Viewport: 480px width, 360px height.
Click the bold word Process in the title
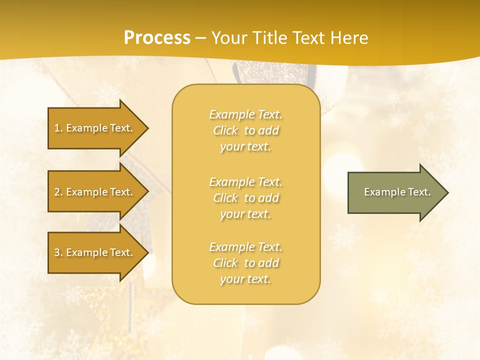click(157, 38)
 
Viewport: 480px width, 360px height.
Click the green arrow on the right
click(395, 192)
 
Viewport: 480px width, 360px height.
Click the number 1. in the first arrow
click(58, 128)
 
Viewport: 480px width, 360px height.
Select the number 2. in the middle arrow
click(58, 192)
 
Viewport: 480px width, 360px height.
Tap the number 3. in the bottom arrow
click(58, 252)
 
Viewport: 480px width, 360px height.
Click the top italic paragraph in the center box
click(245, 130)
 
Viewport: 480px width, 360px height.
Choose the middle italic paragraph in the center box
click(245, 198)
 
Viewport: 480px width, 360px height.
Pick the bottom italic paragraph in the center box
click(245, 263)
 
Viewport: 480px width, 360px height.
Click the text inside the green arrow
click(397, 192)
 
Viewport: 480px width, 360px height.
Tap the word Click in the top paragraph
click(225, 131)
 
